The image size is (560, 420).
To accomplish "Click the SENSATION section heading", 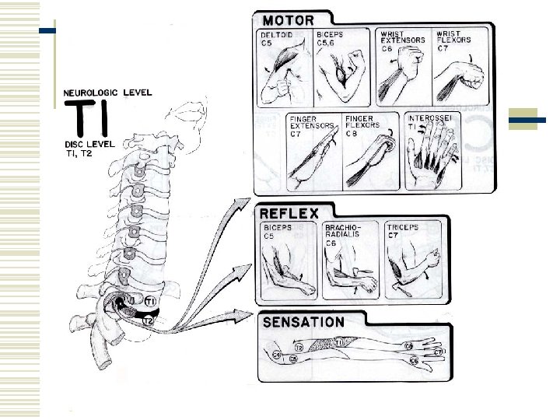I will [x=304, y=321].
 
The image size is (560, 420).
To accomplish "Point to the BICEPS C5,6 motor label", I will [x=331, y=40].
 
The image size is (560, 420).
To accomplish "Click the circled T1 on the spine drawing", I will [x=149, y=301].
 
